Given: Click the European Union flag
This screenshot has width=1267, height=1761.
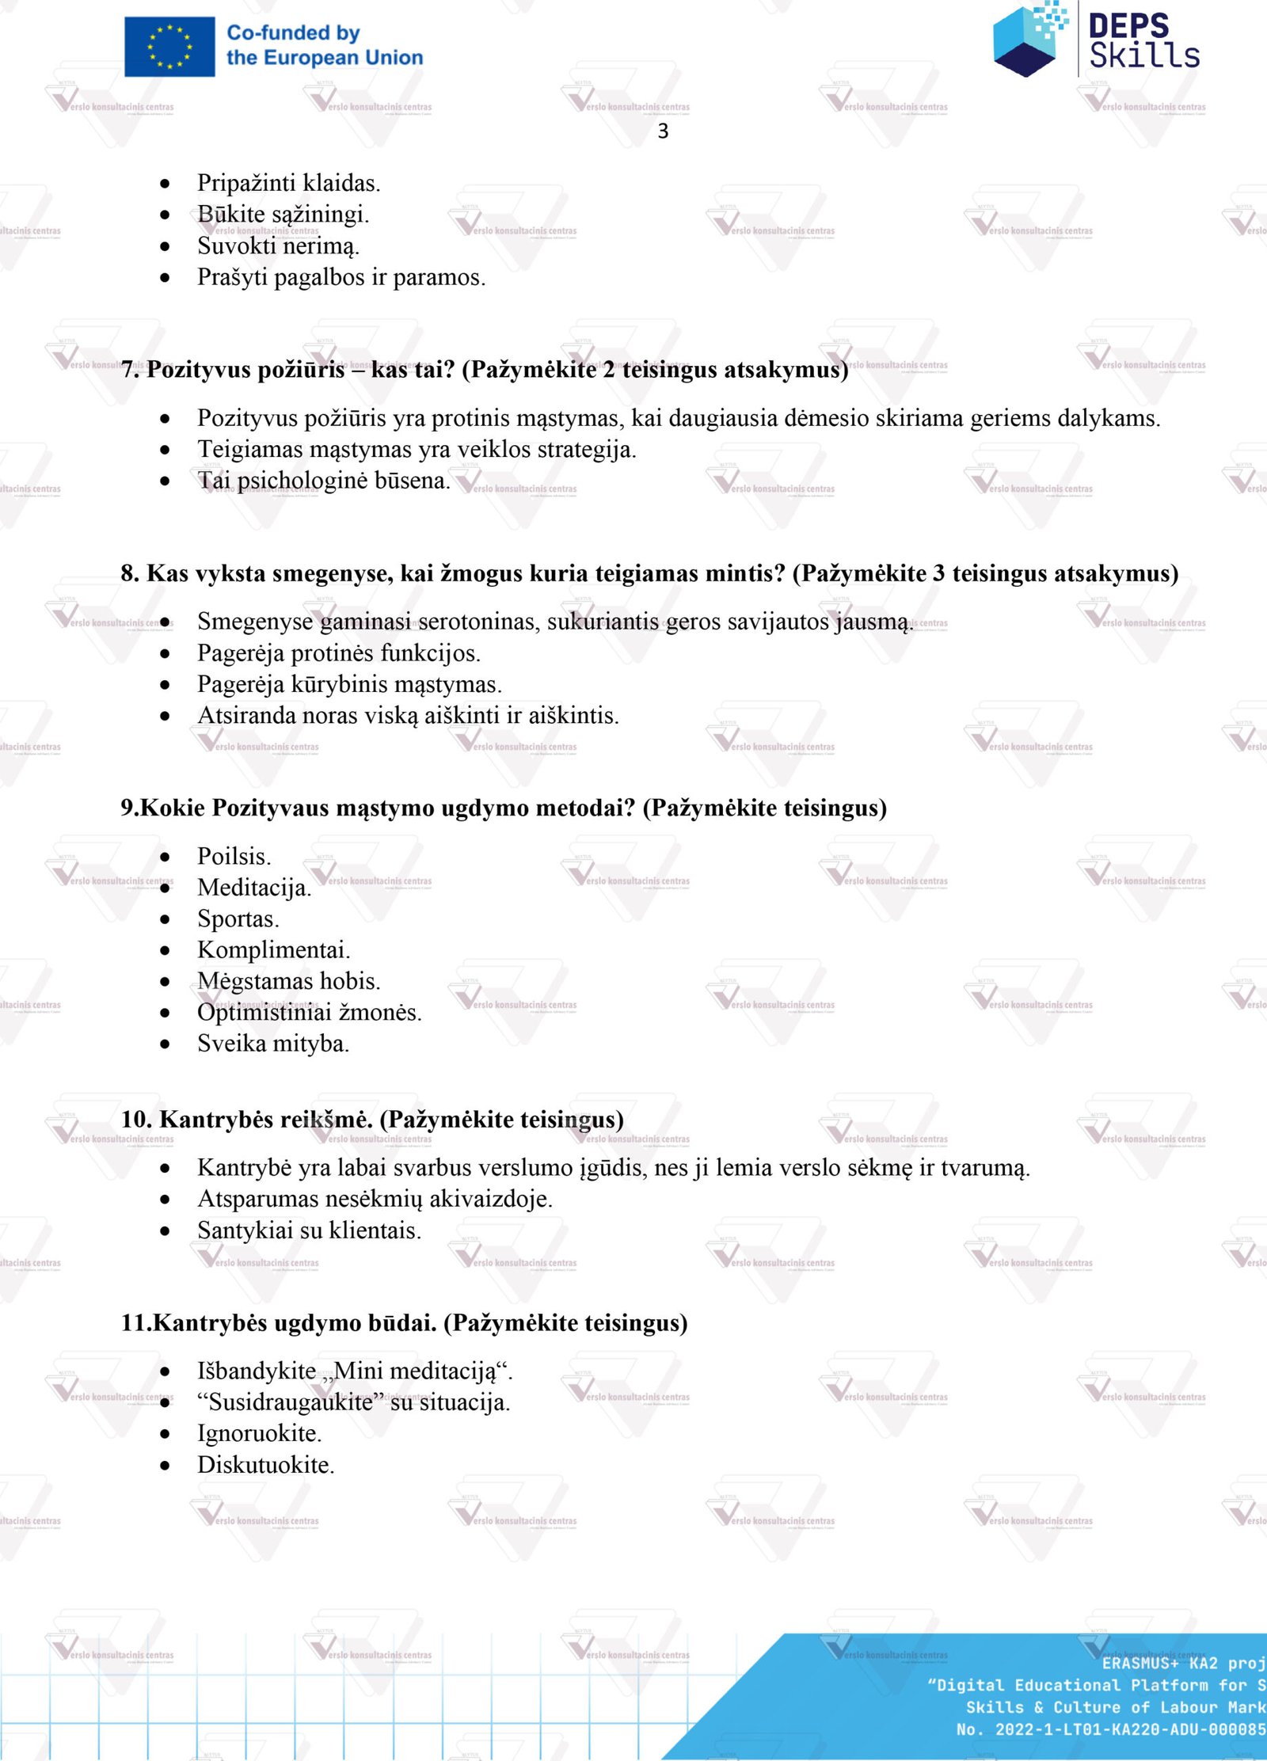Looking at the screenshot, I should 169,47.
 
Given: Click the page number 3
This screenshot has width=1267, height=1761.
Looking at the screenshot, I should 663,131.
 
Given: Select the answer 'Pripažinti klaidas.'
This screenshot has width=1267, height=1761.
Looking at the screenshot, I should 288,183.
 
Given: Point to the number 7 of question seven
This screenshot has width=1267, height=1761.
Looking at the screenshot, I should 127,369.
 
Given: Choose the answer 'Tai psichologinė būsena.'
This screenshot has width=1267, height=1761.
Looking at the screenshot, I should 323,481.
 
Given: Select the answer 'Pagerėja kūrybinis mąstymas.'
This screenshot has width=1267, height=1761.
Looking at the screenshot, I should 349,684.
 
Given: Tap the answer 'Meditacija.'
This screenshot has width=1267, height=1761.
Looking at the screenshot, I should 253,888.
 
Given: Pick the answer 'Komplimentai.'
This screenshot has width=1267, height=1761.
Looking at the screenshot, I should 273,950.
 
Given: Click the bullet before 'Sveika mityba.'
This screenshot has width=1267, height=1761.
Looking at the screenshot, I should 165,1044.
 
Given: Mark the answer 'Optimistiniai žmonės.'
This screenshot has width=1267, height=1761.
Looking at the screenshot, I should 309,1013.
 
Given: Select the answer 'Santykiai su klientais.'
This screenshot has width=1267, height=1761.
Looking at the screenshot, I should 309,1230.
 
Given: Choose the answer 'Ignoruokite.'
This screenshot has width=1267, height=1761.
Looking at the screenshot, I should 259,1434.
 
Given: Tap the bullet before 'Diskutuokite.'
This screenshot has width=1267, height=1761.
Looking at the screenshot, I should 165,1466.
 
